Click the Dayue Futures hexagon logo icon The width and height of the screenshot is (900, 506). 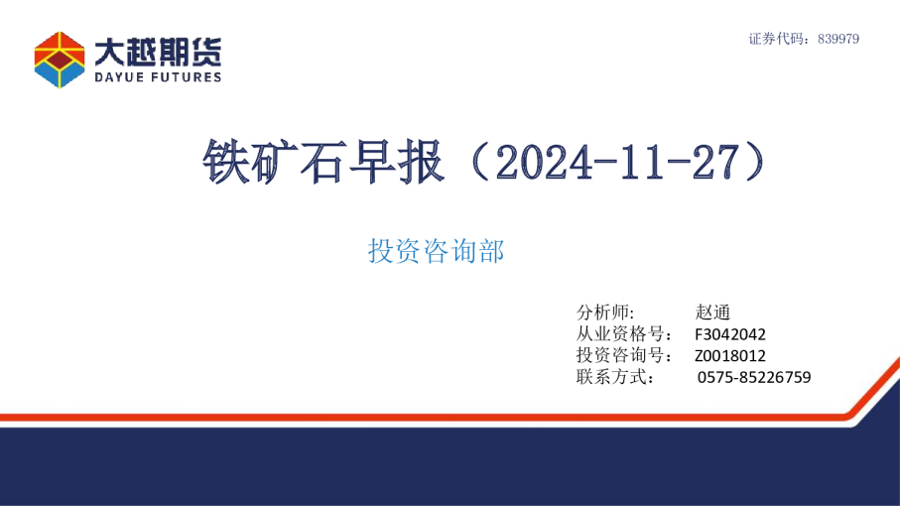(60, 60)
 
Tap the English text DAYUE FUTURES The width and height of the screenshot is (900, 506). (159, 76)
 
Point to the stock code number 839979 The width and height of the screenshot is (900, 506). (838, 39)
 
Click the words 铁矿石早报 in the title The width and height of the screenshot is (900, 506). (322, 161)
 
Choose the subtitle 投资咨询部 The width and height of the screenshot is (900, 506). (437, 252)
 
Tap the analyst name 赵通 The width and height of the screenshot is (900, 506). (713, 312)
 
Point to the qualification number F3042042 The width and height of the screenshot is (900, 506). (729, 334)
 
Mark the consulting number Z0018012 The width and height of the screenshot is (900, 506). (729, 356)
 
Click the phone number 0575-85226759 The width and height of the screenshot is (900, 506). (754, 377)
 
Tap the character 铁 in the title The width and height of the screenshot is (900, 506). (223, 161)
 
